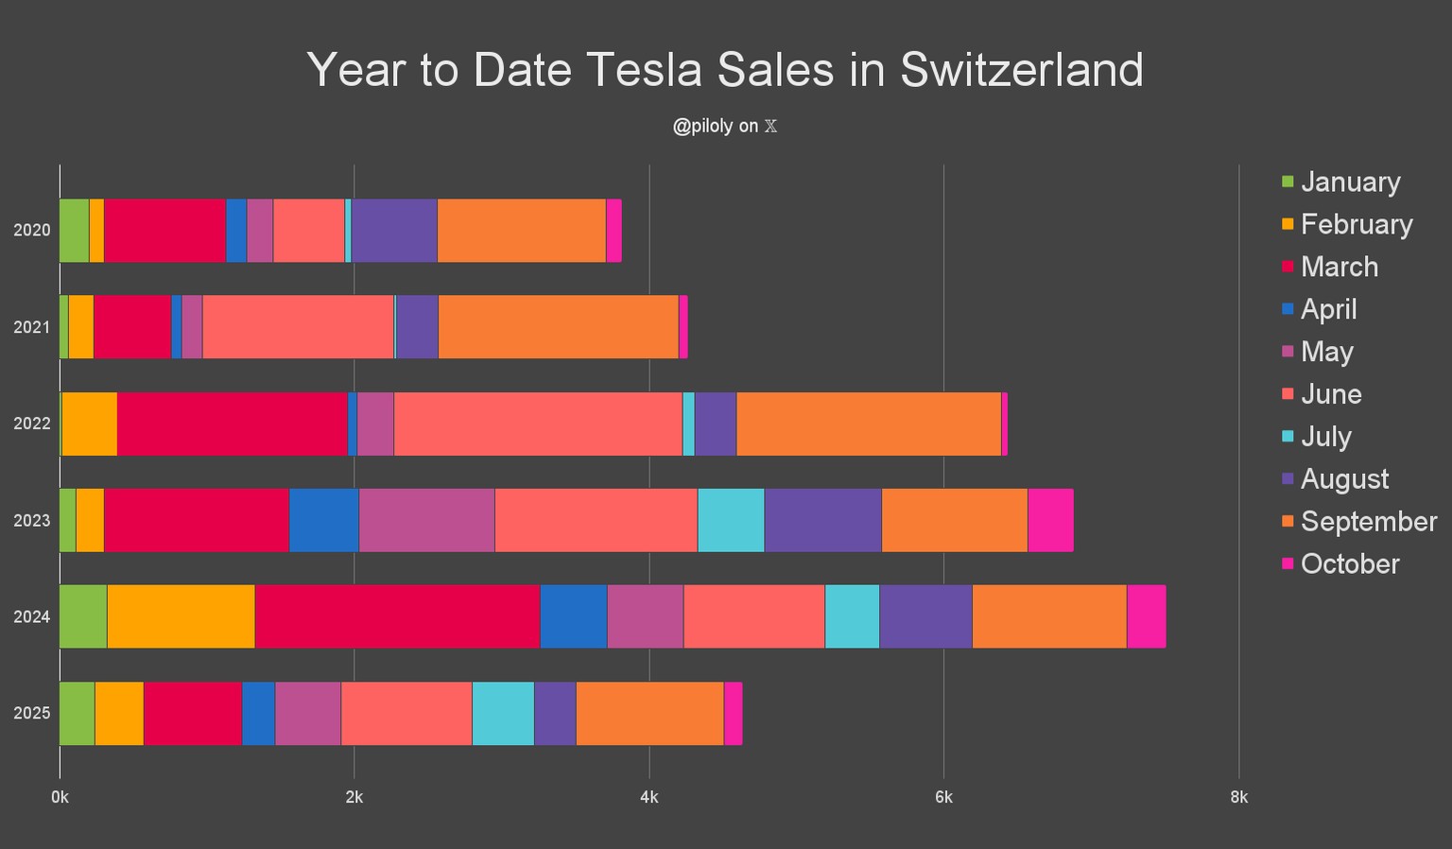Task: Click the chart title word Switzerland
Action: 1021,70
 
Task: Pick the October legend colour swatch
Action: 1288,563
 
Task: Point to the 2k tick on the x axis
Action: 354,797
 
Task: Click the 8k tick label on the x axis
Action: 1238,797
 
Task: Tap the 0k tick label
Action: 60,797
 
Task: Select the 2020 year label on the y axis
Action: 31,231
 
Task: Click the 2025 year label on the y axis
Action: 31,713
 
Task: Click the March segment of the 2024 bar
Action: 397,616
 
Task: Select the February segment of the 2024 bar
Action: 181,616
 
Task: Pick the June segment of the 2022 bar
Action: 537,424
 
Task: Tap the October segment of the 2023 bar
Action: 1050,520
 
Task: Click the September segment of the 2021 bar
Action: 558,327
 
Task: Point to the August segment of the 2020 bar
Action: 394,231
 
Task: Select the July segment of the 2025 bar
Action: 503,713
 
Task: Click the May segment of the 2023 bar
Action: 426,520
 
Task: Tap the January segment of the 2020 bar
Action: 74,231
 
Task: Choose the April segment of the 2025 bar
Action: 258,713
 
